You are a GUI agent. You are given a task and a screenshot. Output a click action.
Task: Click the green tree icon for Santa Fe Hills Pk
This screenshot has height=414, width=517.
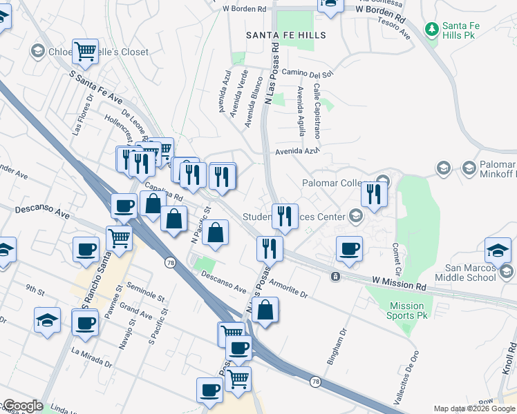tap(432, 28)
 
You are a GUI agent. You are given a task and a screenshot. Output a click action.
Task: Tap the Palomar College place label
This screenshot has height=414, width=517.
tap(337, 183)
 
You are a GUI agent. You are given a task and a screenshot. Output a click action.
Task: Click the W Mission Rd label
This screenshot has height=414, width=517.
tap(399, 284)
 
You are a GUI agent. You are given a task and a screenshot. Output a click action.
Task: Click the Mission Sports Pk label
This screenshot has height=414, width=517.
tap(406, 310)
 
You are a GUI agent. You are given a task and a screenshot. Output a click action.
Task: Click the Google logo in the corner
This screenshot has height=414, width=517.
tap(22, 406)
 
